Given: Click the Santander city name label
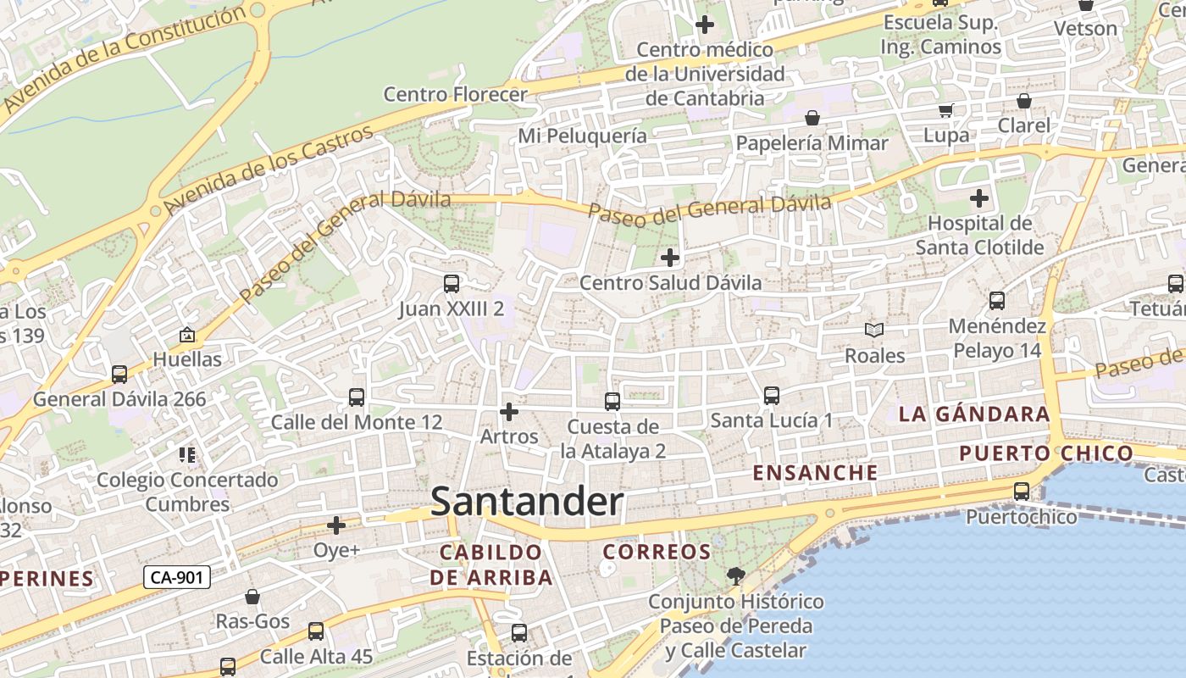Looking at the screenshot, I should tap(527, 502).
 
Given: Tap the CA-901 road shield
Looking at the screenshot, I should tap(176, 578).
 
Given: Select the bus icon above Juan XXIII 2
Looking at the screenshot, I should tap(452, 284).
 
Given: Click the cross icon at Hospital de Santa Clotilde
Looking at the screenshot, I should tap(979, 199).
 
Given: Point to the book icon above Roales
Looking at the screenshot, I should tap(874, 330).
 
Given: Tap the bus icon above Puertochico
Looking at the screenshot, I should tap(1022, 492).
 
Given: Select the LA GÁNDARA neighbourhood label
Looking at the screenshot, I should tap(974, 414).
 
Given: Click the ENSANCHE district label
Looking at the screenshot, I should tap(815, 473).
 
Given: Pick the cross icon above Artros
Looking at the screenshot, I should tap(509, 412).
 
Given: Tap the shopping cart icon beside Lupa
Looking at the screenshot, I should tap(946, 110).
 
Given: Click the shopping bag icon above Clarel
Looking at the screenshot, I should tap(1023, 101).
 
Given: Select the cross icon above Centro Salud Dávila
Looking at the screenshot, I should tap(670, 257).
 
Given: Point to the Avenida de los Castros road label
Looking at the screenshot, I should tap(269, 169).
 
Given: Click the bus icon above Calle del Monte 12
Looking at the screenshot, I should tap(357, 397).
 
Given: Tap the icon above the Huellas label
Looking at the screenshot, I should tap(187, 335).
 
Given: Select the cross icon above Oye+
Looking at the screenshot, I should tap(336, 525).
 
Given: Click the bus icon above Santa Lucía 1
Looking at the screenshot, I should tap(771, 395).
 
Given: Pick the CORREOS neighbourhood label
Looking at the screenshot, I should tap(657, 553).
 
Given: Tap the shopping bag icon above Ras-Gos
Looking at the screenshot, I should tap(252, 597).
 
